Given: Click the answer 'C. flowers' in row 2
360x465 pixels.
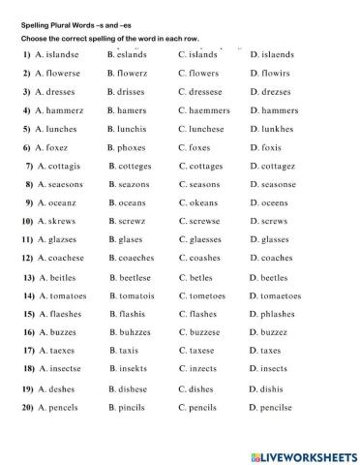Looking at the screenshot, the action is (x=203, y=73).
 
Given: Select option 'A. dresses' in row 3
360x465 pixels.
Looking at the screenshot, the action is (x=60, y=92).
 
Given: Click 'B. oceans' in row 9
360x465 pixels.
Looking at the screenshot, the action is (x=131, y=202).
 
